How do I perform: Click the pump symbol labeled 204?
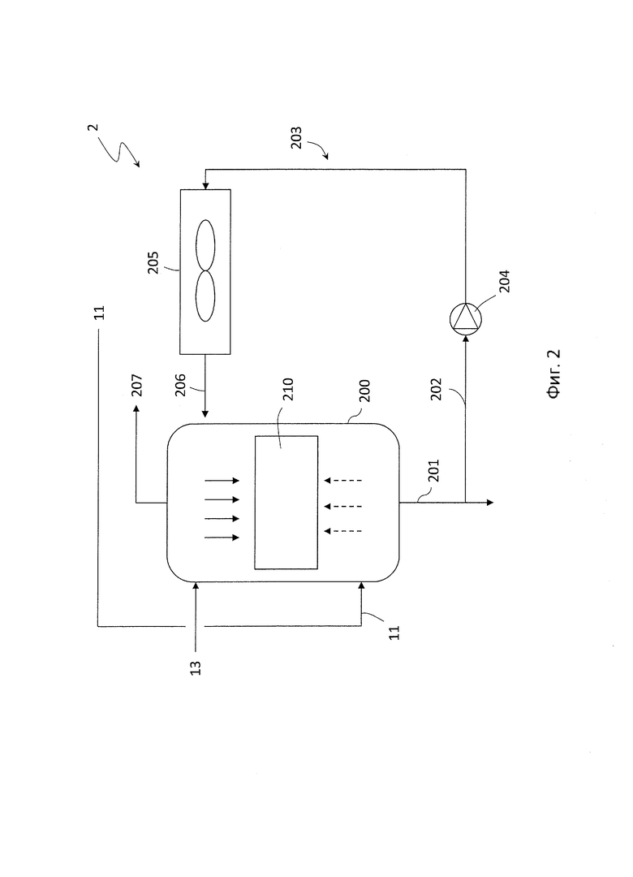[x=465, y=319]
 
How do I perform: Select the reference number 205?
[x=153, y=262]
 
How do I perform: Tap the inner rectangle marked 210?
[x=286, y=503]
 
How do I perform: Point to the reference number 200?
[x=364, y=391]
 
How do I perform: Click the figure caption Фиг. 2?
[x=553, y=374]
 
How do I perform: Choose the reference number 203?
[x=296, y=137]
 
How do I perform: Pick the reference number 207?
[x=137, y=386]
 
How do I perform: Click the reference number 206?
[x=180, y=386]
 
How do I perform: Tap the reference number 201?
[x=434, y=470]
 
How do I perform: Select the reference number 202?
[x=436, y=389]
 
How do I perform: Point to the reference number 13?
[x=195, y=667]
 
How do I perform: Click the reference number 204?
[x=505, y=281]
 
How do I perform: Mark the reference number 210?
[x=288, y=389]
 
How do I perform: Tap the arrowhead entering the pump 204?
[x=465, y=338]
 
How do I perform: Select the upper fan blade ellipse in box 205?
[x=205, y=245]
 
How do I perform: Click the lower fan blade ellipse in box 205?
[x=205, y=296]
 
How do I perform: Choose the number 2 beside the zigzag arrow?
[x=93, y=127]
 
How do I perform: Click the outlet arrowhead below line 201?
[x=490, y=503]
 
